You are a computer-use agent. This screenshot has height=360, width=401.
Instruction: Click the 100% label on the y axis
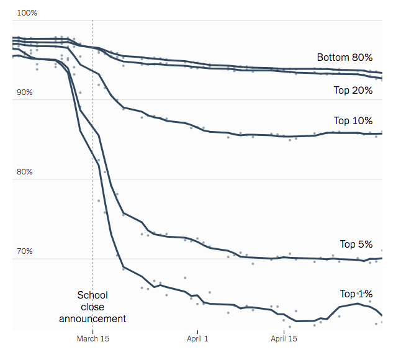tap(27, 12)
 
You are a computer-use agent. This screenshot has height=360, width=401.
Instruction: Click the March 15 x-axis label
tap(92, 339)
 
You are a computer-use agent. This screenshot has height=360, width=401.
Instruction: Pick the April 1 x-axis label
tap(197, 339)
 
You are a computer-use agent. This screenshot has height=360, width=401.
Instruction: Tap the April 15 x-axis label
tap(284, 339)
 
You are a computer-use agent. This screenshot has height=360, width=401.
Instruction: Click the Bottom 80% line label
tap(345, 57)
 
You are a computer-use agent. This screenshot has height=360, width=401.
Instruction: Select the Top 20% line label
tap(353, 91)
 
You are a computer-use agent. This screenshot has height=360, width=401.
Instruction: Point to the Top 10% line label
tap(353, 121)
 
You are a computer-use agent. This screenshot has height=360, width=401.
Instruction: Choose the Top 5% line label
tap(356, 244)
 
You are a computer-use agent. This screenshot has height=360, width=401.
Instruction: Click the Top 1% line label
tap(356, 294)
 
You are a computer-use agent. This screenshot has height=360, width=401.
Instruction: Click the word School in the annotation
tap(92, 295)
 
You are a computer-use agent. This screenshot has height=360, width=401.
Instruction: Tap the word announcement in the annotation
tap(92, 319)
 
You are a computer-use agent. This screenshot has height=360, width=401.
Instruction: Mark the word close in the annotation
tap(92, 307)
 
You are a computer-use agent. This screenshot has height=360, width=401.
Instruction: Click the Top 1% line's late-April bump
tap(357, 303)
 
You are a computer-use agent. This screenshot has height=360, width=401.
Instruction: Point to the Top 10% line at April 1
tap(197, 128)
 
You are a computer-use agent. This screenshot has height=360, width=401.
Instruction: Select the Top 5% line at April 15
tap(284, 257)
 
